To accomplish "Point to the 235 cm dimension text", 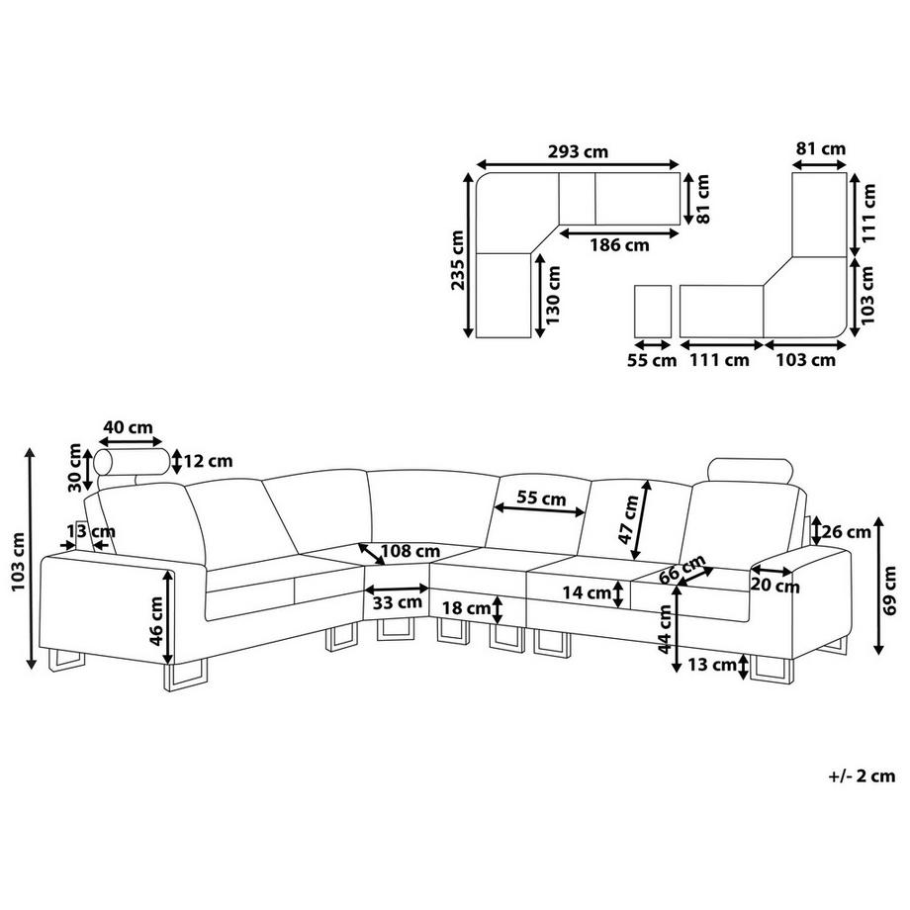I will click(x=457, y=261).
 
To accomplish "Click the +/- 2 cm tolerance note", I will click(x=862, y=775).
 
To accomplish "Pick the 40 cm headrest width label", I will click(x=128, y=428).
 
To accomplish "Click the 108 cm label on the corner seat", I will click(x=409, y=550).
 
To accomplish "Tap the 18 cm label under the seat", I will click(x=465, y=607).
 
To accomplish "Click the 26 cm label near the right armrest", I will click(x=847, y=532).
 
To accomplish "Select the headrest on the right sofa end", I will click(x=751, y=473).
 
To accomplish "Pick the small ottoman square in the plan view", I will click(x=653, y=310).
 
